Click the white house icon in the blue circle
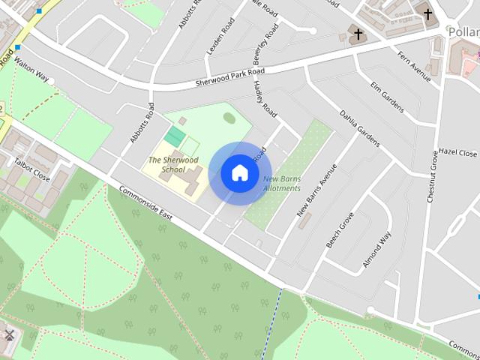pyautogui.click(x=239, y=172)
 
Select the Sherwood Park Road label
pyautogui.click(x=229, y=76)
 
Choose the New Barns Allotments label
pyautogui.click(x=282, y=183)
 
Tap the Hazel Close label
pyautogui.click(x=457, y=152)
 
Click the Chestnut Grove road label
pyautogui.click(x=431, y=175)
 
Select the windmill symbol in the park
pyautogui.click(x=9, y=335)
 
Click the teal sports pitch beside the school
pyautogui.click(x=175, y=136)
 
